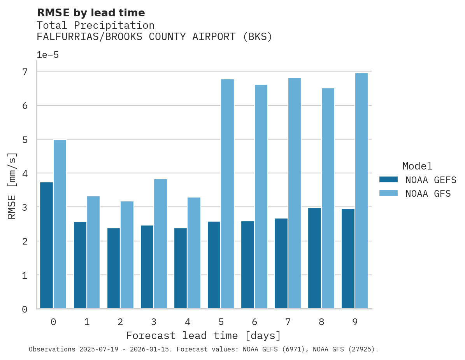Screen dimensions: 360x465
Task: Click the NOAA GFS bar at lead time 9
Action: tap(361, 190)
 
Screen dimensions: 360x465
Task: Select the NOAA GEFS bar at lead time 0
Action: tap(46, 245)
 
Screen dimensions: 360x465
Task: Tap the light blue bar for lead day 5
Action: tap(228, 194)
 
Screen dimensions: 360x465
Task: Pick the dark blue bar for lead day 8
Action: tap(314, 258)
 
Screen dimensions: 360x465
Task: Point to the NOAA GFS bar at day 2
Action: tap(127, 255)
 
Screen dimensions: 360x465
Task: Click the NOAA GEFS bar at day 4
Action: tap(181, 268)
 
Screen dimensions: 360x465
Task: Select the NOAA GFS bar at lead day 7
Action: tap(295, 193)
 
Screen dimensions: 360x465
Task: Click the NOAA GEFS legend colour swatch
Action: tap(388, 180)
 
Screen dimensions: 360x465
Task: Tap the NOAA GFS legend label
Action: tap(428, 194)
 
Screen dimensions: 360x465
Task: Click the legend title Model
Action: tap(417, 166)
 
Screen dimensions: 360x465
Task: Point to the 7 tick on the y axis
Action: tap(25, 72)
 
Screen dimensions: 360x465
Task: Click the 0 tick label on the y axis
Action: tap(25, 309)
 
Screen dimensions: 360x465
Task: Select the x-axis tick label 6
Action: tap(254, 322)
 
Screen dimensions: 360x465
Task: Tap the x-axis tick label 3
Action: tap(154, 322)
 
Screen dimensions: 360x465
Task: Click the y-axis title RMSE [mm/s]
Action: tap(12, 186)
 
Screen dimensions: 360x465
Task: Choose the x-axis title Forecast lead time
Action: tap(203, 336)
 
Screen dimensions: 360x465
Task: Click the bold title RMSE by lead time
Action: tap(91, 13)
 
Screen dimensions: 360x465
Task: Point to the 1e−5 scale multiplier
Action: tap(47, 55)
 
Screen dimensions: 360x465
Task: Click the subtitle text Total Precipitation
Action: tap(95, 26)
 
